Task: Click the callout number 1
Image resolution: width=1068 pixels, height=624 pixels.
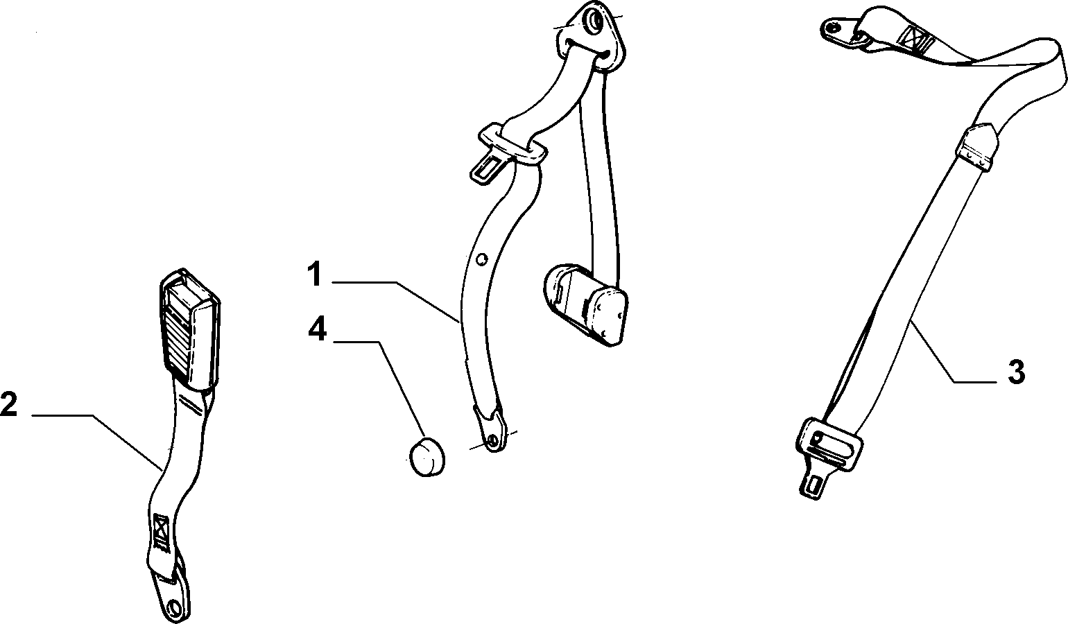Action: coord(314,274)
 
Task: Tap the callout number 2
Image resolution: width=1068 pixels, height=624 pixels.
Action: coord(8,404)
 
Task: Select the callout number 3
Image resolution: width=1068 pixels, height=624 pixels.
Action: coord(1016,372)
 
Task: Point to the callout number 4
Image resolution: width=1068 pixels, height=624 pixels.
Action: coord(317,329)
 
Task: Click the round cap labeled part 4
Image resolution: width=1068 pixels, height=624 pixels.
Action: coord(427,457)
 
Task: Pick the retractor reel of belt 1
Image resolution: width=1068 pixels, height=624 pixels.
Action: coord(586,304)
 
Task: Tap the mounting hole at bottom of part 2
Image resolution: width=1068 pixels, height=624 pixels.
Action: coord(176,606)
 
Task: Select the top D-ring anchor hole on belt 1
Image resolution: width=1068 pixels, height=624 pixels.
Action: coord(596,22)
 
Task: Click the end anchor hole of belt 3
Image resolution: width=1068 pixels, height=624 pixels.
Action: coord(833,27)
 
